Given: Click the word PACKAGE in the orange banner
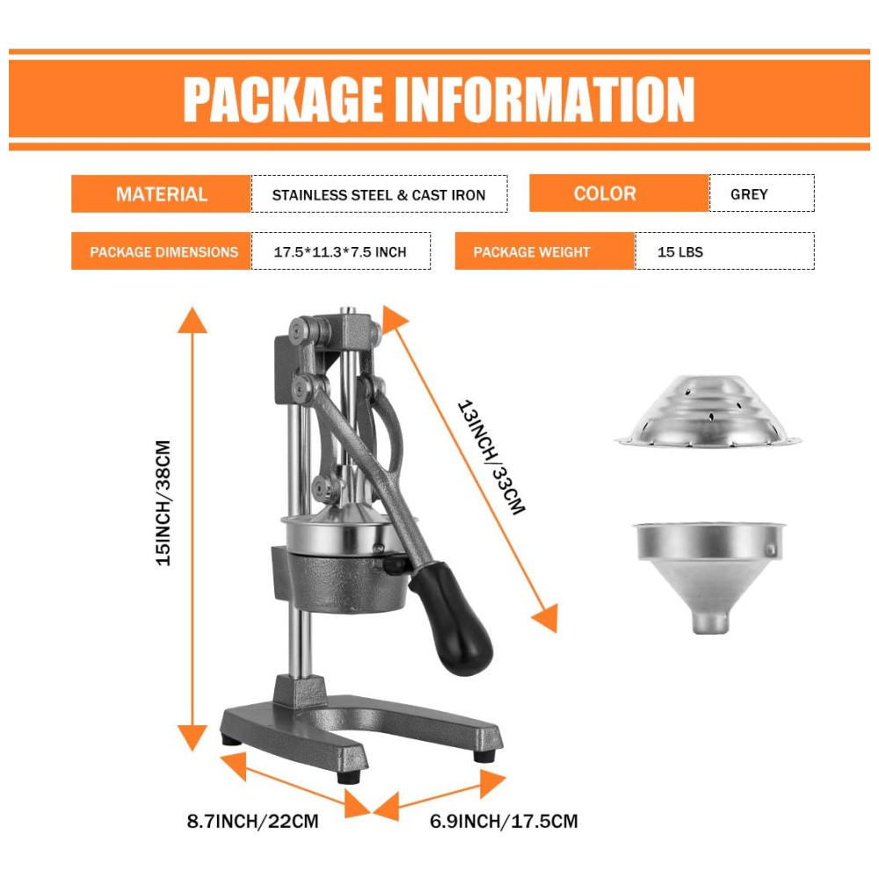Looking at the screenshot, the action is point(283,99).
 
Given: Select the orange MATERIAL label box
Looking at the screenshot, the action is point(161,194).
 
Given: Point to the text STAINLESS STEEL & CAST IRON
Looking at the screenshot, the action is point(378,195).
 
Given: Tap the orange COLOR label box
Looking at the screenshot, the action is point(619,193).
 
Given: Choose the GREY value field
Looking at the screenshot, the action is point(762,193).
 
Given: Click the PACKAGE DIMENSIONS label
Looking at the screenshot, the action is point(163,252).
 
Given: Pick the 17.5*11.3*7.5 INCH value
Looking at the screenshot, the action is point(339,252).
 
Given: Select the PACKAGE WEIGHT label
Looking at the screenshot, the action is point(532,252).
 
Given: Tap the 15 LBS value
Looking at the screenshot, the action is point(680,252).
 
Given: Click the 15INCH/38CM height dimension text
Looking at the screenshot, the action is point(163,503).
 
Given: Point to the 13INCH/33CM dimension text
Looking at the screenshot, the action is point(491,457).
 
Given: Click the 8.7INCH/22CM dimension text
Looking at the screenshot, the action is point(252,822).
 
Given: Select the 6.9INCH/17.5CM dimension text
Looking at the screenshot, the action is point(504,822).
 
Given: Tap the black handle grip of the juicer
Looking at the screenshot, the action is point(452,617).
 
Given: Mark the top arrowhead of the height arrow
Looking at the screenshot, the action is point(193,320).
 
